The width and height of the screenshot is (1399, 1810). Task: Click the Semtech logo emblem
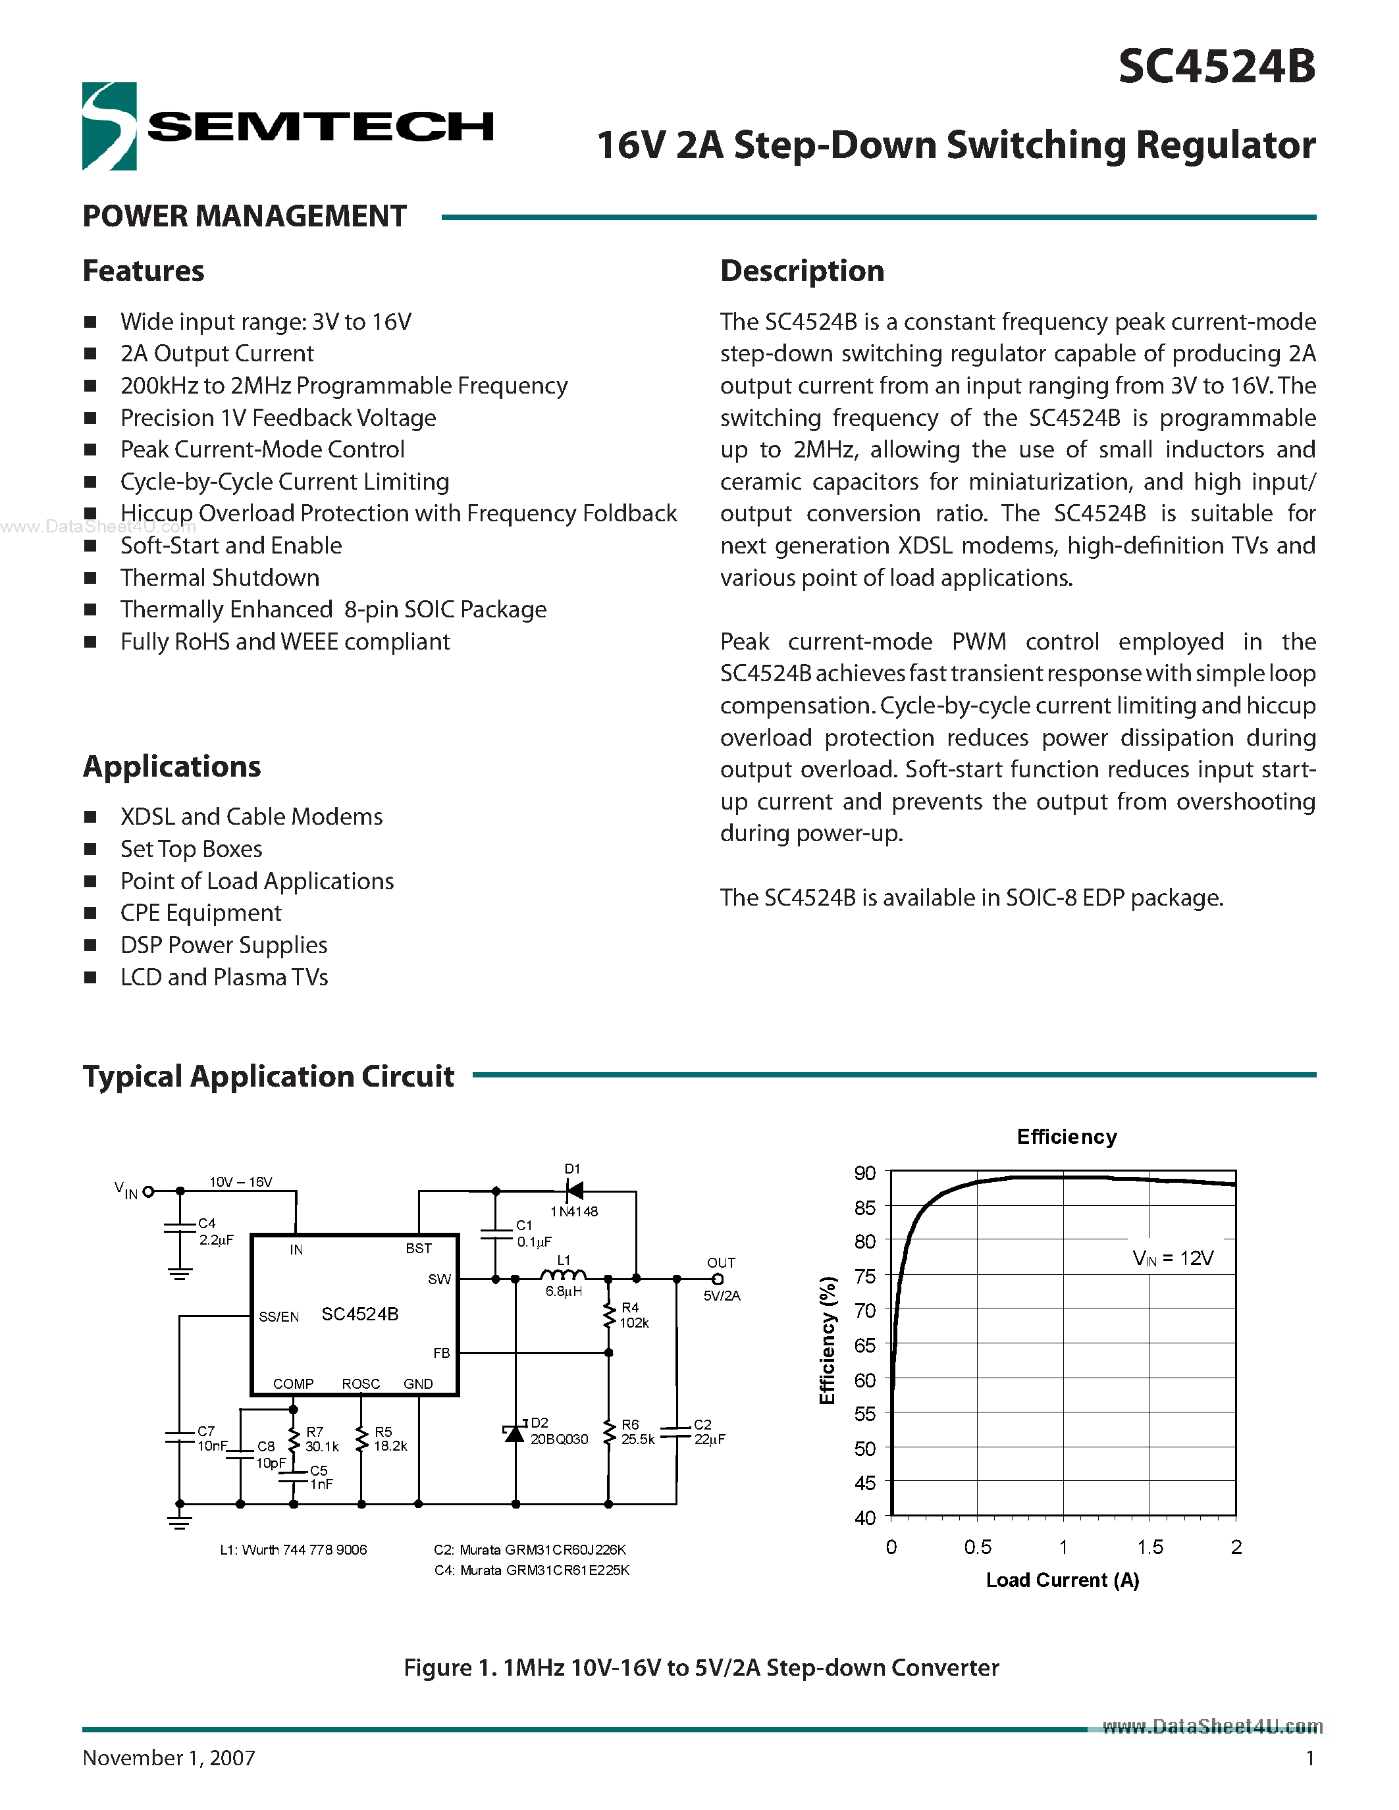(x=109, y=126)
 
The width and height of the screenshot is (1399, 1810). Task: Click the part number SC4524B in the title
(x=1216, y=66)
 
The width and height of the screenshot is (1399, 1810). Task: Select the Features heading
(x=144, y=271)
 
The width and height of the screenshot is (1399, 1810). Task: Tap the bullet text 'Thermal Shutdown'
(x=220, y=578)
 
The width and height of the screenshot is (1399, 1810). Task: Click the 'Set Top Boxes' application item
(x=192, y=848)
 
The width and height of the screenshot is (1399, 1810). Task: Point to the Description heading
(x=801, y=271)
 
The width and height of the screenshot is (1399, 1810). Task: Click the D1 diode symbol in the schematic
(x=573, y=1191)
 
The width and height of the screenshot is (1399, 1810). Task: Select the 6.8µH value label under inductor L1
(x=564, y=1291)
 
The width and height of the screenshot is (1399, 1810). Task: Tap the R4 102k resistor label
(x=633, y=1315)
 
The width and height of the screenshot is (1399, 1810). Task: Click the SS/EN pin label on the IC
(x=278, y=1317)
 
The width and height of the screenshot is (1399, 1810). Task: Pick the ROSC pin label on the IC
(x=361, y=1384)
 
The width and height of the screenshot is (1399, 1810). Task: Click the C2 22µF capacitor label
(x=708, y=1432)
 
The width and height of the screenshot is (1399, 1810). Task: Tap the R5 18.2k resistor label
(x=390, y=1439)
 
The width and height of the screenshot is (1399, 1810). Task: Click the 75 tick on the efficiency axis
(x=864, y=1276)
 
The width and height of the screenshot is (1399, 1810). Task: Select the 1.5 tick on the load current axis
(x=1149, y=1547)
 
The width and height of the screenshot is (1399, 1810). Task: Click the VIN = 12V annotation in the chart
(x=1173, y=1258)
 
